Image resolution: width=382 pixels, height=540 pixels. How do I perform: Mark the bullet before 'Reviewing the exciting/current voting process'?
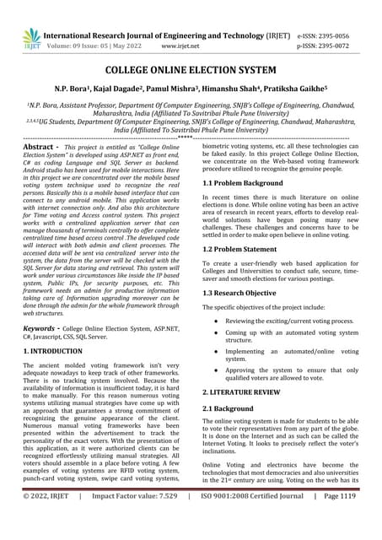(x=217, y=321)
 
